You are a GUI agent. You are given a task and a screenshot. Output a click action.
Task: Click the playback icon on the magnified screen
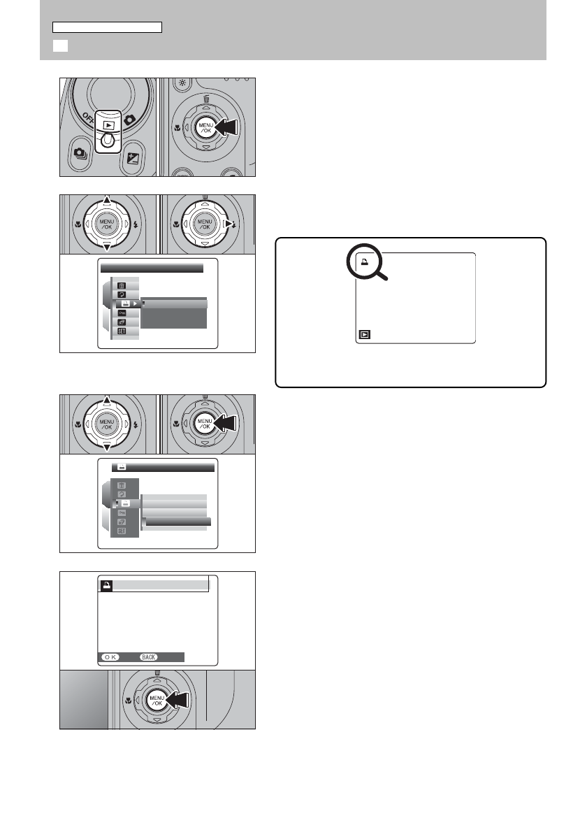(365, 334)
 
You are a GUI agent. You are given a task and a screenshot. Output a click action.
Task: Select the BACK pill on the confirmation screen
(149, 657)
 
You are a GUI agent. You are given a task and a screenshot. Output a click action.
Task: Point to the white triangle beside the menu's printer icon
(134, 304)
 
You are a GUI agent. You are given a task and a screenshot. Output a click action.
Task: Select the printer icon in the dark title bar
(120, 467)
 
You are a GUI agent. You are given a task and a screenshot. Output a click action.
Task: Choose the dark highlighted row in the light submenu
(177, 521)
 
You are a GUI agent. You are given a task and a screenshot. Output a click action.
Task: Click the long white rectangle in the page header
(108, 27)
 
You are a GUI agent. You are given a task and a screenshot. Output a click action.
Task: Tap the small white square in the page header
(59, 46)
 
